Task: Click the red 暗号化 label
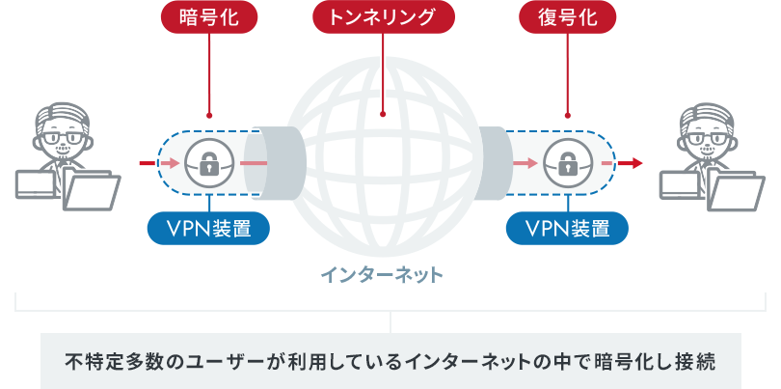[208, 18]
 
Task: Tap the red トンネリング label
[383, 18]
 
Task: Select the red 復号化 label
[567, 18]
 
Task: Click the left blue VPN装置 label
[208, 228]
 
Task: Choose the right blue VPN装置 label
[567, 228]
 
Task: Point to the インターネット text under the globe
[383, 276]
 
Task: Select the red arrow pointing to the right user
[632, 163]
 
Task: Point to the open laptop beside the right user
[739, 191]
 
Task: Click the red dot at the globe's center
[383, 114]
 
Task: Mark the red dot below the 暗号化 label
[208, 114]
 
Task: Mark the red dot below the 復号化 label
[567, 114]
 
